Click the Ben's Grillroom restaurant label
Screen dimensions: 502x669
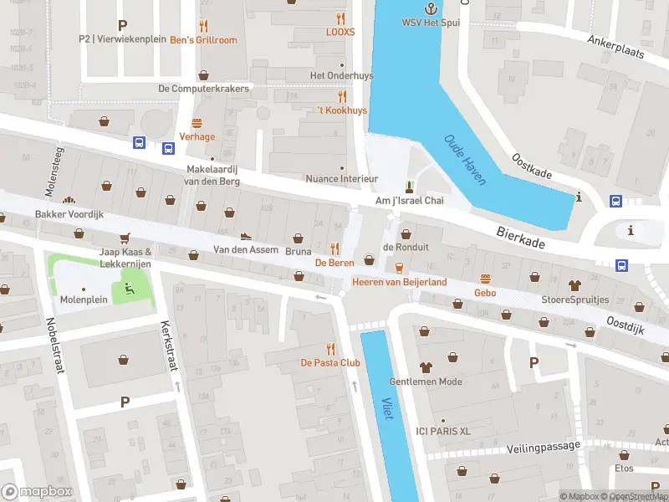coord(203,40)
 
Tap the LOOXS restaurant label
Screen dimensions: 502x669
coord(340,32)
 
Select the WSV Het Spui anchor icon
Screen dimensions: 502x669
coord(432,8)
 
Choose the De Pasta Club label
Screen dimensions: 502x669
coord(330,362)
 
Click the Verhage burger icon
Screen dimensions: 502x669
coord(197,123)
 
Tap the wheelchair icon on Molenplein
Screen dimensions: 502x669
coord(128,289)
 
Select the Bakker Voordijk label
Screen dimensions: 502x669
coord(69,214)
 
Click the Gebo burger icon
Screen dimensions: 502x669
coord(485,279)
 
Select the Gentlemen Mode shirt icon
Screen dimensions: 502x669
coord(426,366)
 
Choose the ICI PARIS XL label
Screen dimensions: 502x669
coord(444,431)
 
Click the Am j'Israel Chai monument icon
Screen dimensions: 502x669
coord(409,186)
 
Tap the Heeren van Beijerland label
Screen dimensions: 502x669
coord(399,282)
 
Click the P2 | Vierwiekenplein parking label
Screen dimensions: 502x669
coord(122,38)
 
